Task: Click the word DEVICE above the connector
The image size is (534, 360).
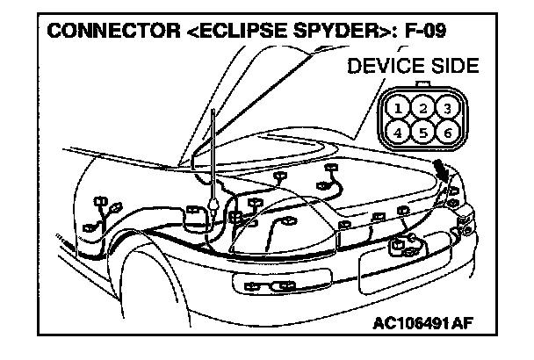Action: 380,67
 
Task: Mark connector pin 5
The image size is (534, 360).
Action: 424,133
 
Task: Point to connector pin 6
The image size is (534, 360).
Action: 447,133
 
